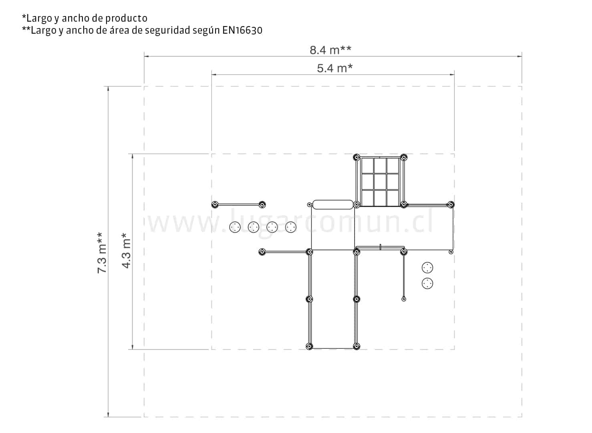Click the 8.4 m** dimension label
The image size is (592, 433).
coord(330,50)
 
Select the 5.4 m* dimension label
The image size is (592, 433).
coord(334,68)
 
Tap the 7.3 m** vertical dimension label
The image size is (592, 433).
coord(102,253)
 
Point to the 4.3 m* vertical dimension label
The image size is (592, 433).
coord(126,250)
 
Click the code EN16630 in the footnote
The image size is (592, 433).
coord(242,30)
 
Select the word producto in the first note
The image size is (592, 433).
coord(126,18)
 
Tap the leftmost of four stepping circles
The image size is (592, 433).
coord(235,227)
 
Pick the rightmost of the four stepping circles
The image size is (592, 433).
coord(291,227)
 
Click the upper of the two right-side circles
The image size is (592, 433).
coord(427,268)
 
